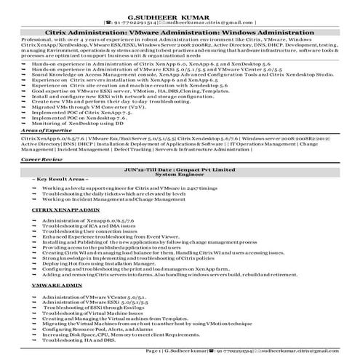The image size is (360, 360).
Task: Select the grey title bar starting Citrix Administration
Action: pyautogui.click(x=180, y=32)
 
